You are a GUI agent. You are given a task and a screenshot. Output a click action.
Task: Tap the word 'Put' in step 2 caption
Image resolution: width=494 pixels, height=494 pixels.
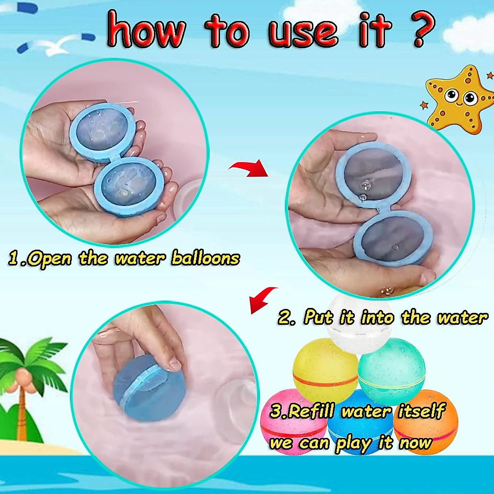pos(319,317)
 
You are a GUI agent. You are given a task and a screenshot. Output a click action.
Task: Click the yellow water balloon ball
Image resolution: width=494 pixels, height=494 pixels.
pos(323,364)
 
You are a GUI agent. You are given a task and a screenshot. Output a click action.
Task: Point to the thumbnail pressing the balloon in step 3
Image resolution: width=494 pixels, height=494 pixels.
pos(175,364)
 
